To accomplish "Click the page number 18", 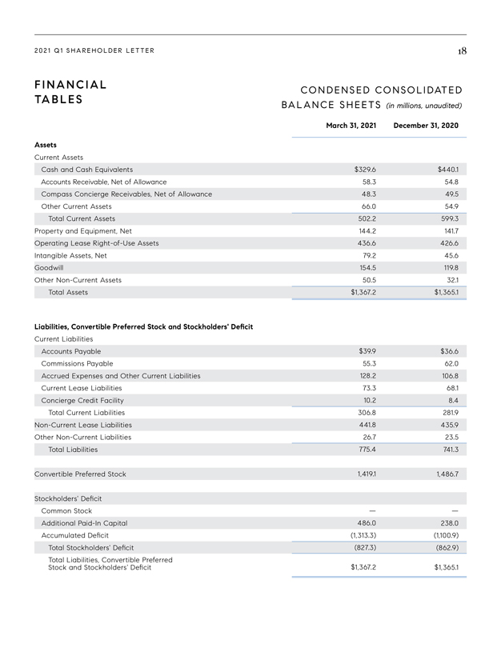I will (x=462, y=51).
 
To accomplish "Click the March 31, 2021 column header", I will (x=351, y=126).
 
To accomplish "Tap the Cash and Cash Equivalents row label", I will (x=87, y=170).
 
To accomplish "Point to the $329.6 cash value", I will (x=365, y=170).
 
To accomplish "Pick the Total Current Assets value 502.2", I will (x=366, y=218).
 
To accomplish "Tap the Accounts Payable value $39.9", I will (x=367, y=351).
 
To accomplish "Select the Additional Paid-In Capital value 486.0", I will (x=366, y=523).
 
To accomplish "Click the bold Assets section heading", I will (x=46, y=146).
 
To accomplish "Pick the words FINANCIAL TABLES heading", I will (x=71, y=91).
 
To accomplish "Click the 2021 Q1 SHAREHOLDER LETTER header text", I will (x=94, y=51).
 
